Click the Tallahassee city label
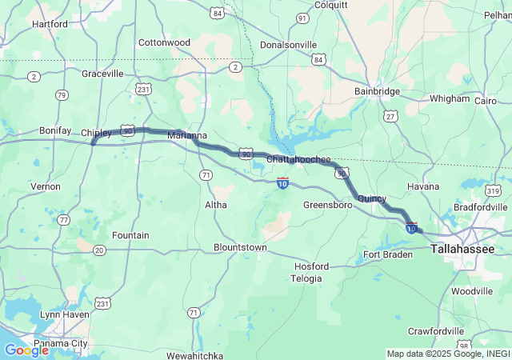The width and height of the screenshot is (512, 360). coord(462,250)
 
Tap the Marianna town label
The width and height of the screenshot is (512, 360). coord(187,136)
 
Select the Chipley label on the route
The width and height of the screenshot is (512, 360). coord(97,133)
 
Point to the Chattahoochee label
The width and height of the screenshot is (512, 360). coord(298,160)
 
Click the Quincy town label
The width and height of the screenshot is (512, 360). coord(371,198)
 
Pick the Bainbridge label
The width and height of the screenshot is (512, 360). coord(377,91)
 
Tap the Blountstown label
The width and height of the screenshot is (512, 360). coord(240,247)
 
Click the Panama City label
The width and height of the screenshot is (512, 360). coord(62,343)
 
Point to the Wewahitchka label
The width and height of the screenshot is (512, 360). coord(197,354)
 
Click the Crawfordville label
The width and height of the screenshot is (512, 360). coord(436,330)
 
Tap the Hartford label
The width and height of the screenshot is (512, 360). coord(50,24)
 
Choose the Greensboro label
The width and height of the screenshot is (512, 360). coord(328,205)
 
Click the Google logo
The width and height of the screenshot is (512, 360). coord(26,350)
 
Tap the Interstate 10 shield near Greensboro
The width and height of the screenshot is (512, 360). coord(283,183)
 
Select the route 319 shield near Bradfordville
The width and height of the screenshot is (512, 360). coord(493,190)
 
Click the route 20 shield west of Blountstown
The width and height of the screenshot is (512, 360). coord(99,250)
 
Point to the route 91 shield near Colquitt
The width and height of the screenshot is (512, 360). coord(302,18)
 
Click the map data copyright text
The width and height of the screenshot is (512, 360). coord(446,354)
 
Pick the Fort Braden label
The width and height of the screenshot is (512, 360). coord(388,254)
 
